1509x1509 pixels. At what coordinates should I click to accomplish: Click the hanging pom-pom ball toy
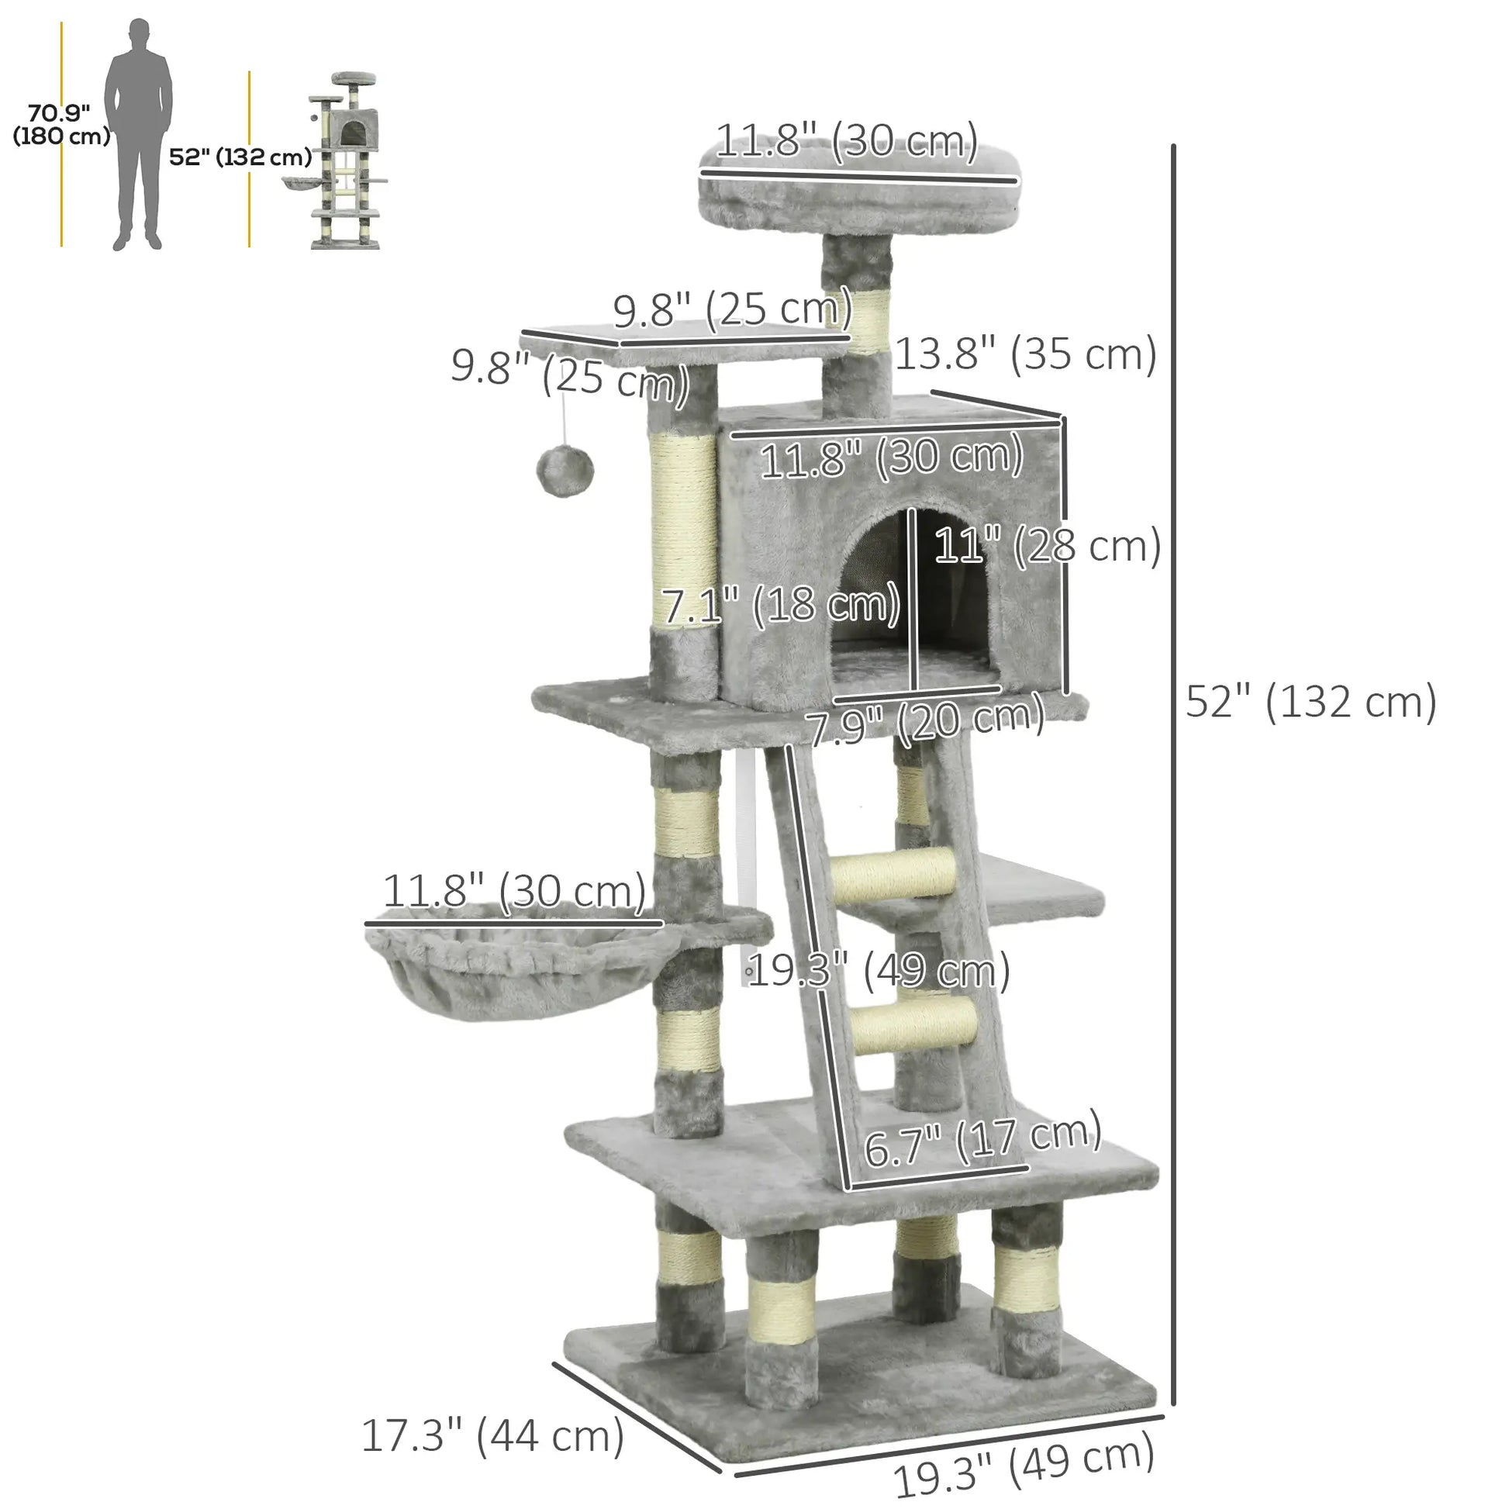click(565, 471)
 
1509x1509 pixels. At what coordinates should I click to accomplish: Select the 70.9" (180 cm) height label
click(60, 124)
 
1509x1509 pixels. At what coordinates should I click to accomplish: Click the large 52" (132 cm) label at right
click(1310, 703)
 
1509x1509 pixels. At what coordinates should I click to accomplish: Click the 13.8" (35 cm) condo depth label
click(1025, 354)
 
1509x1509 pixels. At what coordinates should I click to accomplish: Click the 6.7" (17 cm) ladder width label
click(982, 1145)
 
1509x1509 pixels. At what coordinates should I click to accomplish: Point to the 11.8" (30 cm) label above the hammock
click(514, 891)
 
